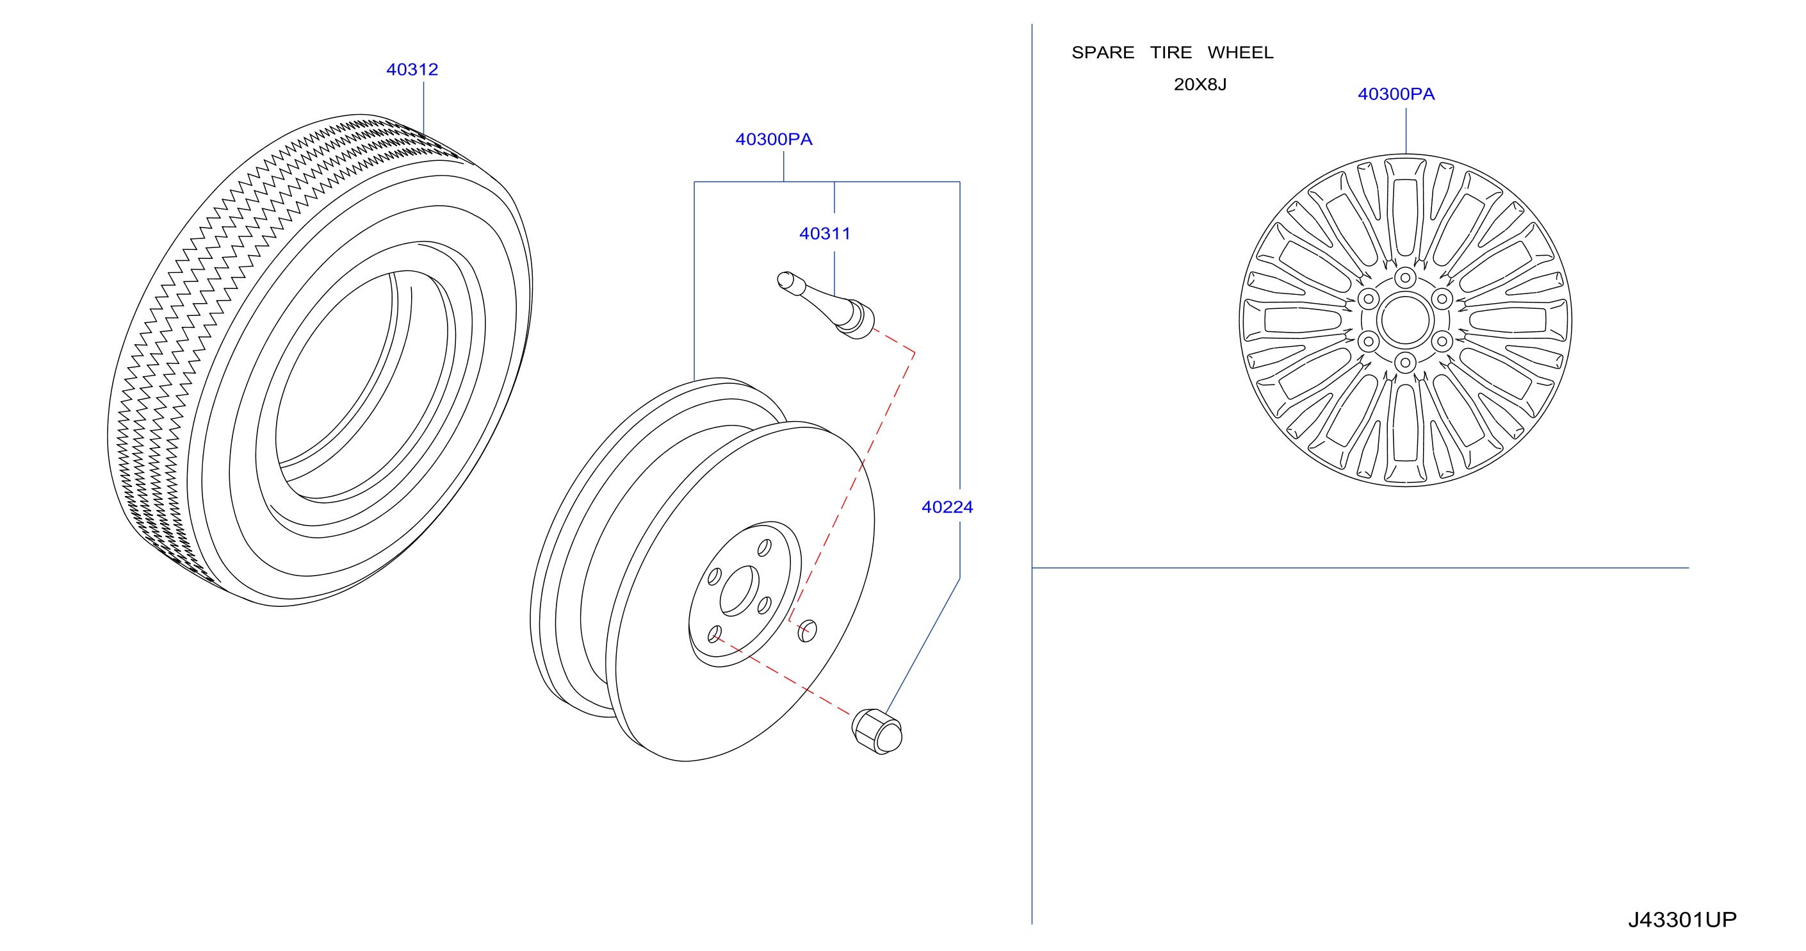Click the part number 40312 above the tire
click(412, 69)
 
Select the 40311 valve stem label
click(825, 233)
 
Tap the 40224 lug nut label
click(947, 507)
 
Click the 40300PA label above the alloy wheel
click(1396, 94)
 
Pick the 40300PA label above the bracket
click(774, 140)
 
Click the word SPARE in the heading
click(1103, 53)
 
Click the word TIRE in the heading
click(1171, 53)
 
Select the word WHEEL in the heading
click(1241, 53)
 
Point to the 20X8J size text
click(1200, 84)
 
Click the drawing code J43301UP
click(1682, 920)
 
